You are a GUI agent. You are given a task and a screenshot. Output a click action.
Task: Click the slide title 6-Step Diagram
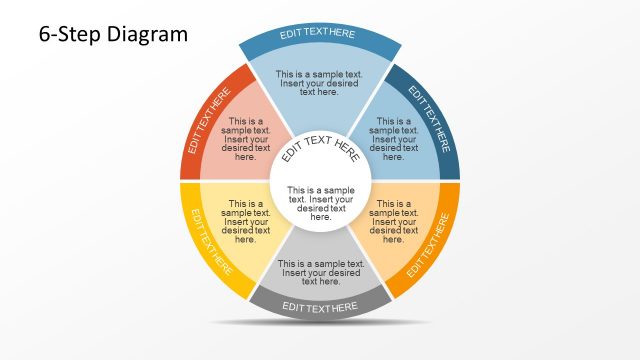(x=113, y=34)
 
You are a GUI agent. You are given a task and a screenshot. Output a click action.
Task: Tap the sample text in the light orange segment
(x=393, y=222)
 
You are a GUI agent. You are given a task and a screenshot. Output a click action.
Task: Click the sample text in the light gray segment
(x=320, y=272)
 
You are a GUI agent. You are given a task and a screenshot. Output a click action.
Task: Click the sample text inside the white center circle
(x=321, y=203)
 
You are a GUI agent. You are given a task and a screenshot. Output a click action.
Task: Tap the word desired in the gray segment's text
(x=342, y=273)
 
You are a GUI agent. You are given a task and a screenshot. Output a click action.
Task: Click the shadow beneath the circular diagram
(x=320, y=323)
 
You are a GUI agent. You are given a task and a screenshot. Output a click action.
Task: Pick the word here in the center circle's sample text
(x=321, y=217)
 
